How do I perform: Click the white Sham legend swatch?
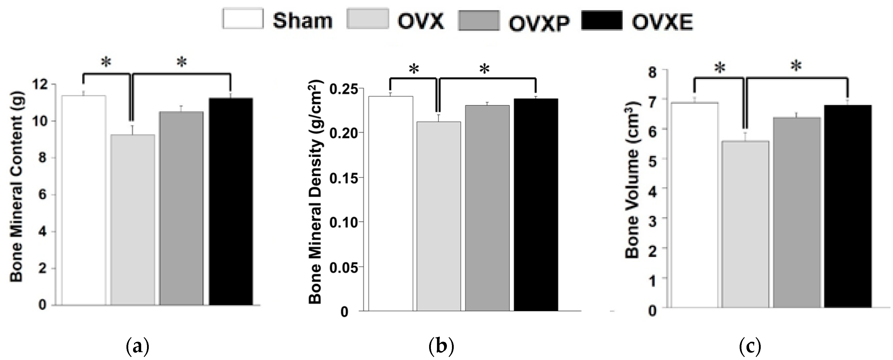click(243, 19)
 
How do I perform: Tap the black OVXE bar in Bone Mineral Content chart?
click(231, 201)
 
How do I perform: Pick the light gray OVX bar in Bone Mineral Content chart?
click(133, 220)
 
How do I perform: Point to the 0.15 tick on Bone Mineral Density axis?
click(343, 178)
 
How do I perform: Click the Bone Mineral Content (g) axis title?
click(16, 187)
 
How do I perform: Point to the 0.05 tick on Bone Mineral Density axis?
click(343, 267)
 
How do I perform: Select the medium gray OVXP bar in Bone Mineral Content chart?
click(181, 208)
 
